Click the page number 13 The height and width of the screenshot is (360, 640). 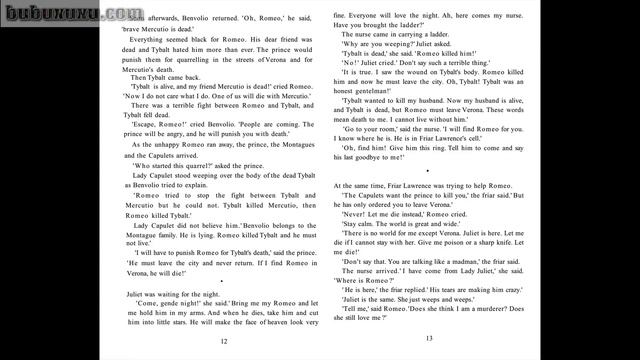[429, 339]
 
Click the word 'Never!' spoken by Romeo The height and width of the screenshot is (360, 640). [355, 215]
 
